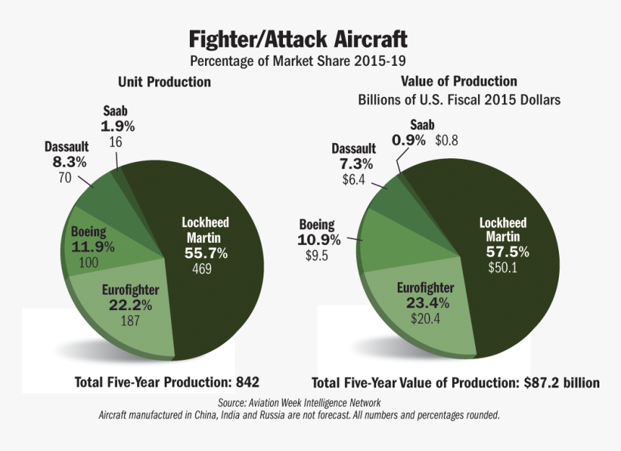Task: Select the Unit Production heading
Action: tap(165, 82)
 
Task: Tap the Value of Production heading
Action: tap(459, 82)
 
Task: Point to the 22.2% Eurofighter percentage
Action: tap(130, 306)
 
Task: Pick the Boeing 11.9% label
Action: tap(93, 247)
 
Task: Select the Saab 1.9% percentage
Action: tap(118, 126)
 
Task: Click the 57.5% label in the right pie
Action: tap(507, 252)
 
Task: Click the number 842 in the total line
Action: tap(246, 382)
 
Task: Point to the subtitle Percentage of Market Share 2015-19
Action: tap(298, 61)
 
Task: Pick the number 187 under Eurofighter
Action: tap(130, 322)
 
